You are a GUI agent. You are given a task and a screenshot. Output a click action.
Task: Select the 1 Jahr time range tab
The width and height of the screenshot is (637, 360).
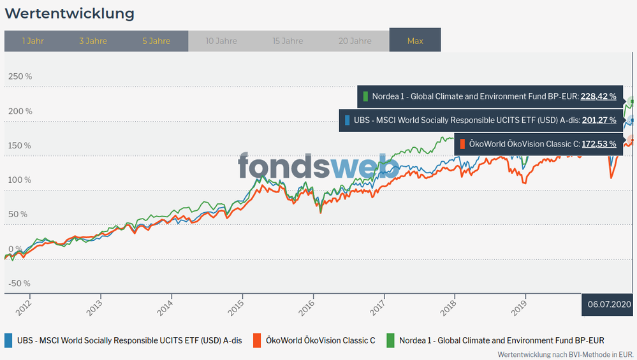coord(33,41)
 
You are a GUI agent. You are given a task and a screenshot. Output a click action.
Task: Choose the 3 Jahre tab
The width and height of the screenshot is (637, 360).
coord(93,41)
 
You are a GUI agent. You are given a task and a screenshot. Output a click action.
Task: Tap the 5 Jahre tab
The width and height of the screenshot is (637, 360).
coord(156,41)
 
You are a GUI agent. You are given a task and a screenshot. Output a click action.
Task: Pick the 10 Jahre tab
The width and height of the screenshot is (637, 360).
coord(221,41)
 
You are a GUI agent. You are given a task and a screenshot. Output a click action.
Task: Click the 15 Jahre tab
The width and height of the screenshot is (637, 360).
coord(288,41)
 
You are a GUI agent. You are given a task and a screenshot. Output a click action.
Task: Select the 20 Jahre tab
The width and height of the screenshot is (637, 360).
coord(355,41)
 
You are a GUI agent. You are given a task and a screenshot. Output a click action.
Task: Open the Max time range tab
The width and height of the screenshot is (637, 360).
coord(415,41)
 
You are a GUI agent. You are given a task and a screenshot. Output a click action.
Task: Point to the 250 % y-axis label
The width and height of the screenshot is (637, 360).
coord(19,76)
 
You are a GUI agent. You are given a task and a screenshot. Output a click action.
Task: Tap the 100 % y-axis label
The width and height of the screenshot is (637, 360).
coord(19,180)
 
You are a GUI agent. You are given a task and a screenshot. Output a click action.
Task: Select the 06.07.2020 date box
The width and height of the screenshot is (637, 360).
coord(609,304)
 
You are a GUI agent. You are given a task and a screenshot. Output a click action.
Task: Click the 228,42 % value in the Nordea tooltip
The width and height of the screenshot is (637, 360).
coord(599,97)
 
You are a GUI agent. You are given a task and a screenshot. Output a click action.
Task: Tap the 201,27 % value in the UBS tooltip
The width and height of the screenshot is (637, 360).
coord(599,120)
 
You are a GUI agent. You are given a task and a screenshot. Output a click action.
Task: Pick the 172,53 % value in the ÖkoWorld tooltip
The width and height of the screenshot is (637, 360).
coord(599,144)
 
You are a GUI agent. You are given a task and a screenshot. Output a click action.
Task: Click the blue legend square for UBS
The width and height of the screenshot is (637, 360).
coord(8,340)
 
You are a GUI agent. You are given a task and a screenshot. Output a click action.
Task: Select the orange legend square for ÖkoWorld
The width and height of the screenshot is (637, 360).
coord(257,340)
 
